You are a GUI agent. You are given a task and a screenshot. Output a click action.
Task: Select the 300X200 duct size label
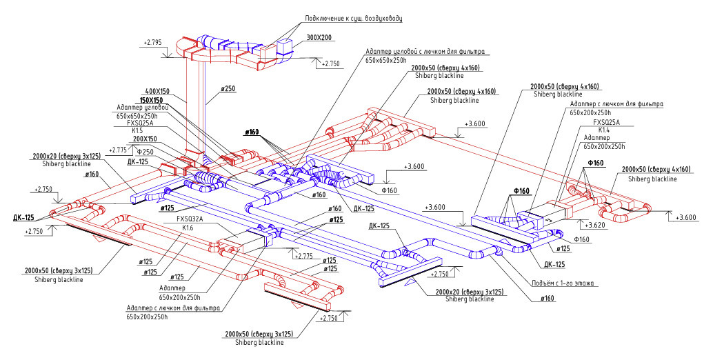tap(319, 37)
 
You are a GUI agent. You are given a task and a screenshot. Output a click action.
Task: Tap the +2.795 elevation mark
tap(152, 43)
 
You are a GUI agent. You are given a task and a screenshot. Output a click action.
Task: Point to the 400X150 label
tap(157, 91)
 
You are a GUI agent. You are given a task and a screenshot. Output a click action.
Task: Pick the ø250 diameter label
tap(228, 89)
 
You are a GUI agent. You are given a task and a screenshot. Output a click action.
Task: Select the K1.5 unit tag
tap(137, 130)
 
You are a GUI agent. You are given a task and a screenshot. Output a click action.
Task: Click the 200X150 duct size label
tap(145, 138)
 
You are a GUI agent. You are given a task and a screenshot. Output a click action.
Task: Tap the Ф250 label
tap(145, 151)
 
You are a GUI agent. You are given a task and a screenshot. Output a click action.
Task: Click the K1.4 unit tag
tap(604, 130)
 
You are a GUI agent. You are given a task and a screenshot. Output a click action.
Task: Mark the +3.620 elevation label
tap(596, 225)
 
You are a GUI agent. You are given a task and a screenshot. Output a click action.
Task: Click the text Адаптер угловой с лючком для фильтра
tap(427, 52)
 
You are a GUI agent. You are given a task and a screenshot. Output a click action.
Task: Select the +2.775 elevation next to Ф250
tap(118, 150)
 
